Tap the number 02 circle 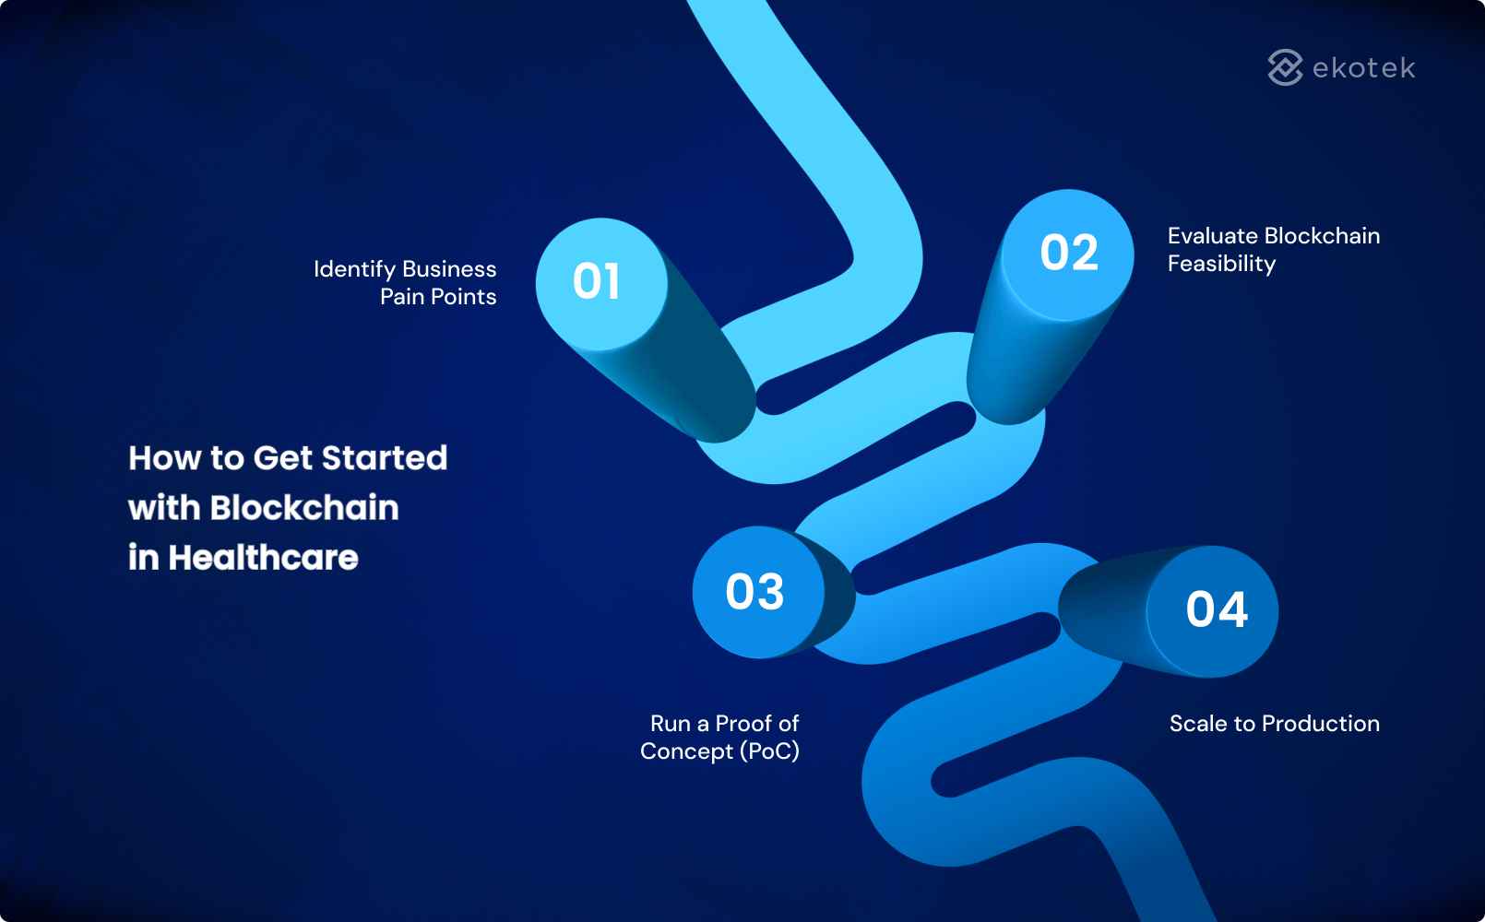[x=1068, y=254]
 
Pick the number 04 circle [x=1215, y=610]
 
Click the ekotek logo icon [x=1285, y=67]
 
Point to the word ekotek [x=1363, y=68]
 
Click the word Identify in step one [x=354, y=269]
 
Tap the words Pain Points [x=438, y=297]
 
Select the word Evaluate [x=1213, y=236]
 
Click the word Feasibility [x=1221, y=264]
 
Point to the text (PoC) [x=770, y=751]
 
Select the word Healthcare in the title [x=263, y=558]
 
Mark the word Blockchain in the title [x=304, y=508]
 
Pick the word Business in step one [x=449, y=269]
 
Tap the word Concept [x=686, y=751]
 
